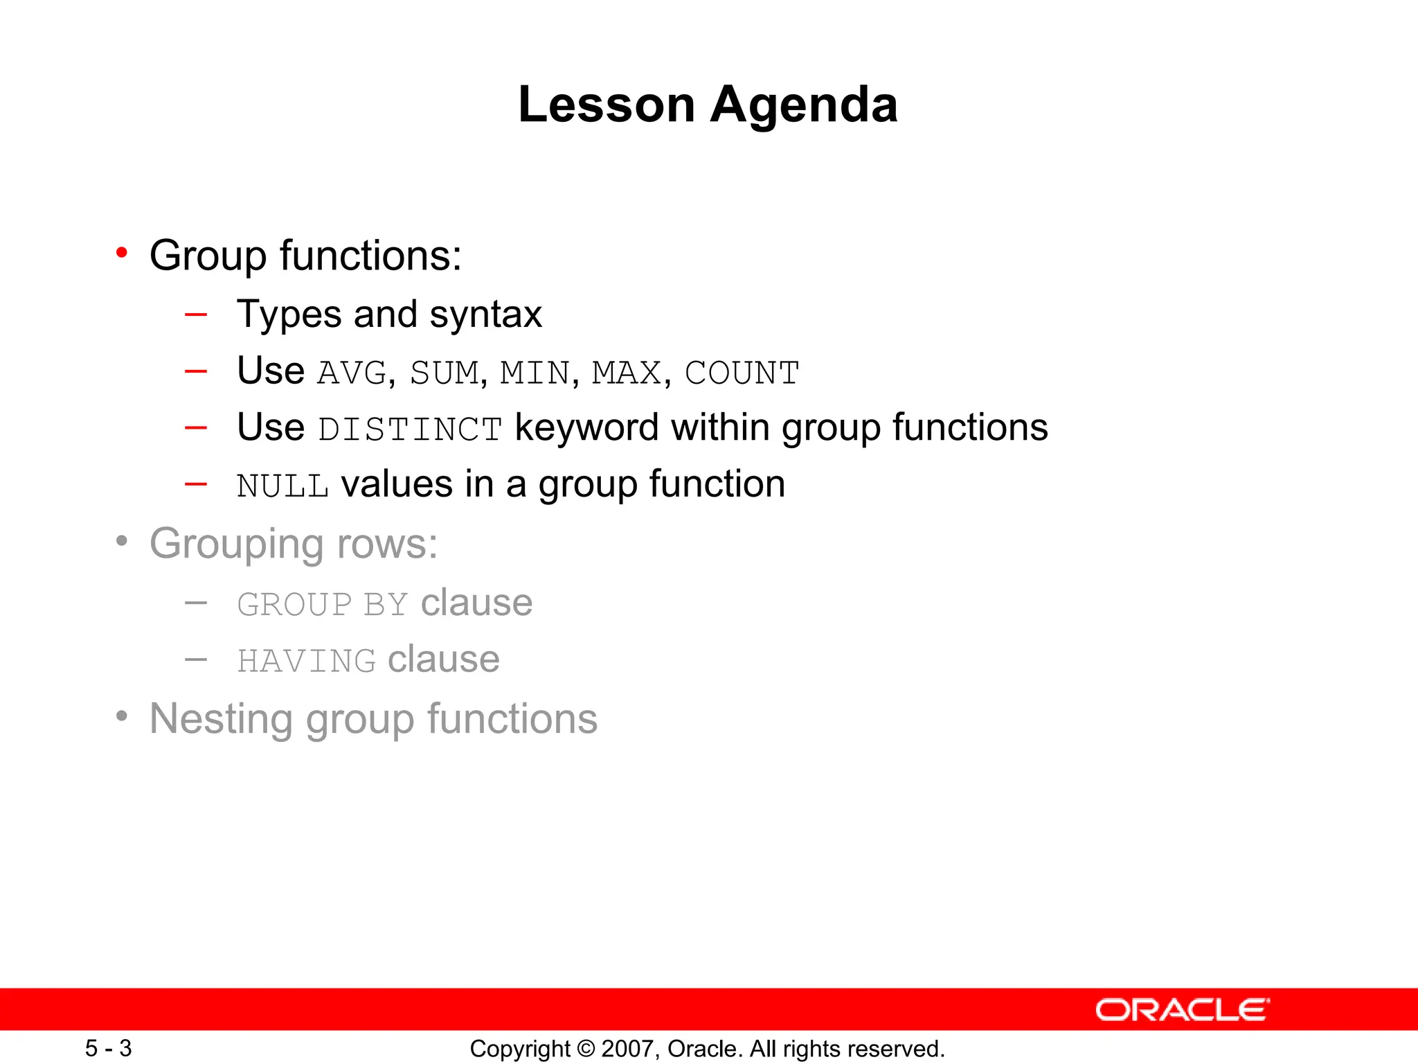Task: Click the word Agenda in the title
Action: click(x=804, y=105)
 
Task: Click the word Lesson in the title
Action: click(x=607, y=105)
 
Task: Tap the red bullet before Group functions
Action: click(x=122, y=253)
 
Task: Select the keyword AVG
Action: click(x=352, y=373)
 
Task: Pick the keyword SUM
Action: click(x=445, y=373)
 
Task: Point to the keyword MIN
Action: click(x=535, y=373)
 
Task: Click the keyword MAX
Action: click(x=627, y=373)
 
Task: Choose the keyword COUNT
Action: click(x=742, y=373)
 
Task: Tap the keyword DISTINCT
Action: click(x=410, y=429)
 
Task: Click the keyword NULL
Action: click(x=282, y=486)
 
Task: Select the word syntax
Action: click(x=485, y=315)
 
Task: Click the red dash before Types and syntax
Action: click(x=196, y=314)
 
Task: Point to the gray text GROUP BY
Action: click(x=322, y=605)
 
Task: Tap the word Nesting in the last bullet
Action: click(x=221, y=719)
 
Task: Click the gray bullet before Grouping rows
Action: click(x=122, y=541)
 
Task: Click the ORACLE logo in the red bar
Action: click(x=1182, y=1010)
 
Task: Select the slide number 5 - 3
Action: click(x=108, y=1048)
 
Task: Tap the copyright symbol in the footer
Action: click(x=586, y=1049)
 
